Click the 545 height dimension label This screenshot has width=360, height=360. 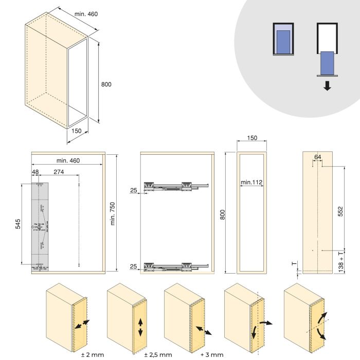click(x=18, y=224)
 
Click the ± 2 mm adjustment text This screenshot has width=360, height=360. click(x=91, y=354)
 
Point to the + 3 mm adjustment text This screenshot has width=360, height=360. click(x=212, y=354)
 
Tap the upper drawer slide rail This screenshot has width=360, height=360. click(x=176, y=186)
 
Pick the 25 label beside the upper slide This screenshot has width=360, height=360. click(x=134, y=191)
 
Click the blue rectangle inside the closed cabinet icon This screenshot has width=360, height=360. click(x=282, y=41)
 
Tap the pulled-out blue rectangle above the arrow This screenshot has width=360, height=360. click(x=327, y=62)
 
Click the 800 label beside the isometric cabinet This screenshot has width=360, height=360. click(x=106, y=84)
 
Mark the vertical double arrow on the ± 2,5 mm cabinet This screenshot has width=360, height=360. click(x=140, y=327)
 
